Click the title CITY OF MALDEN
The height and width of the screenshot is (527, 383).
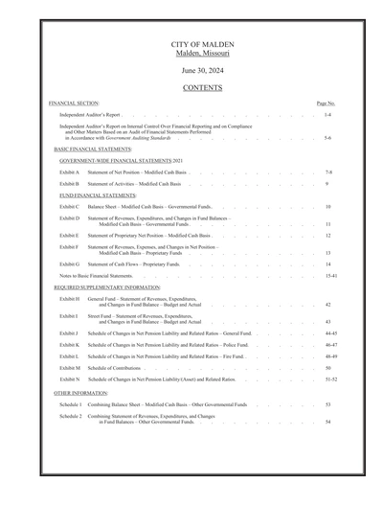[202, 45]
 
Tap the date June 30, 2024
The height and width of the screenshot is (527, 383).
[202, 70]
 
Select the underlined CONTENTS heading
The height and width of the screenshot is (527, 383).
[202, 87]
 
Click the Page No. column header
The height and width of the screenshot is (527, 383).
[326, 103]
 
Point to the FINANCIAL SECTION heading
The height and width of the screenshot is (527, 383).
[74, 103]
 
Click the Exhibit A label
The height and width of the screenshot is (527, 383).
[69, 172]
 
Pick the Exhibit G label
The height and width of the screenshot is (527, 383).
[69, 263]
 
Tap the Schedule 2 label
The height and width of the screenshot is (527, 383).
[70, 417]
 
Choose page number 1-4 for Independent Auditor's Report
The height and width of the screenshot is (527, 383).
[327, 114]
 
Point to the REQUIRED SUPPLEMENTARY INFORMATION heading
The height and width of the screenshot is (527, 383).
[106, 286]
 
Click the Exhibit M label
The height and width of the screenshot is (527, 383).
[69, 368]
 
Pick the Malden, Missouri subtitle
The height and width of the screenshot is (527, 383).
[202, 54]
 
